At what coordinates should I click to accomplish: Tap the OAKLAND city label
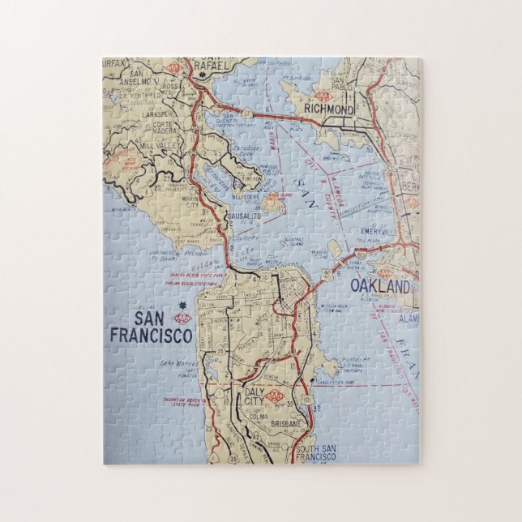coord(379,287)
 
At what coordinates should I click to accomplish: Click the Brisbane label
coord(285,422)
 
